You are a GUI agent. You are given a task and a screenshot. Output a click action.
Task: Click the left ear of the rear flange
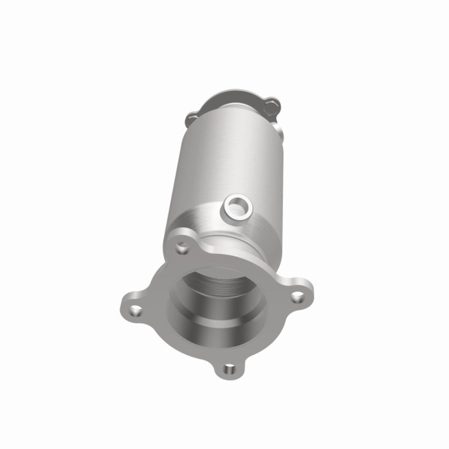(x=190, y=119)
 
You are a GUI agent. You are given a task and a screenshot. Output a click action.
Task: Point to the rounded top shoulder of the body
(x=211, y=117)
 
